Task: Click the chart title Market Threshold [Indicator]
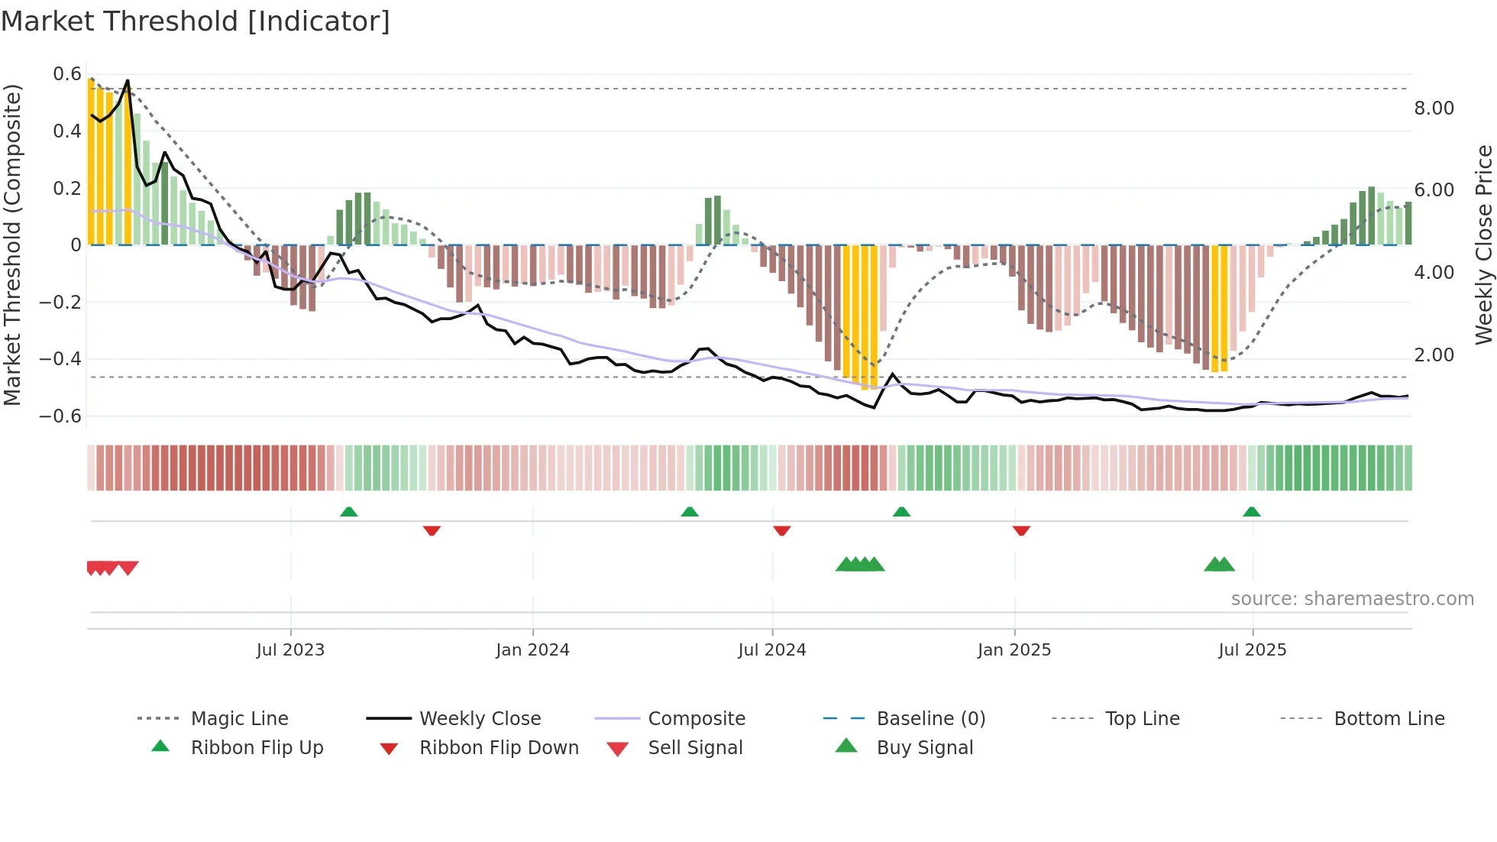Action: (x=196, y=21)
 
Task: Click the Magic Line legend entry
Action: (x=239, y=719)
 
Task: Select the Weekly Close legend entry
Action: (x=480, y=719)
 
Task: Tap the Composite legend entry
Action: (x=696, y=719)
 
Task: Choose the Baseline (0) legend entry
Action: (x=930, y=719)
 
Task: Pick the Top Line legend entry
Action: (x=1142, y=719)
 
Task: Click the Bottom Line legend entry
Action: (x=1389, y=719)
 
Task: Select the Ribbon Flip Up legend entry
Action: (x=257, y=748)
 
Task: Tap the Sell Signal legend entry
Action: (x=694, y=748)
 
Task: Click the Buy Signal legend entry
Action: (x=924, y=748)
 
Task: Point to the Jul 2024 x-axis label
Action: (x=771, y=650)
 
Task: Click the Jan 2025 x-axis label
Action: (x=1014, y=650)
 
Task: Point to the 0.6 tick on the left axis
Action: (x=67, y=74)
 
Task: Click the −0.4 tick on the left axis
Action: (x=60, y=359)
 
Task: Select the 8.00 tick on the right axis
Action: (x=1434, y=108)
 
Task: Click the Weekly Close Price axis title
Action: (x=1483, y=245)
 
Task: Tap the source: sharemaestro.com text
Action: (x=1352, y=599)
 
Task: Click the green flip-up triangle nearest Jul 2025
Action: (x=1251, y=512)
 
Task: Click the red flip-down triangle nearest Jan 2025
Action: (x=1021, y=530)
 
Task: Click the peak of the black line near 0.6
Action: (x=128, y=80)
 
